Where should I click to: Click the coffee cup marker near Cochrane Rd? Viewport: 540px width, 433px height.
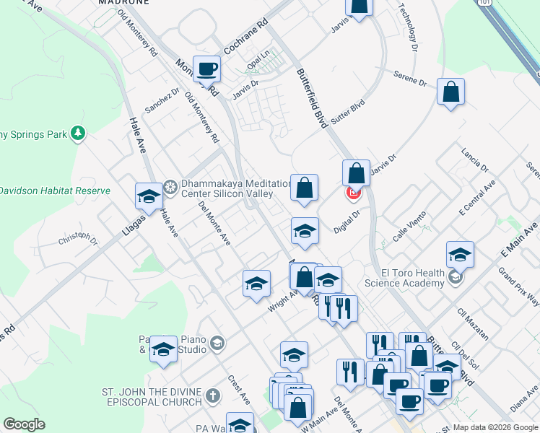(x=207, y=69)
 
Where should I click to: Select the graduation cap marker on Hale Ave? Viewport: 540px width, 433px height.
(x=149, y=196)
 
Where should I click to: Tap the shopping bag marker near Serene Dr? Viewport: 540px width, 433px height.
(x=450, y=92)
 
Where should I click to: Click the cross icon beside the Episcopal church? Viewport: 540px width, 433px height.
(x=212, y=396)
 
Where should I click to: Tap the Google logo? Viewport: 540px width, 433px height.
(x=24, y=424)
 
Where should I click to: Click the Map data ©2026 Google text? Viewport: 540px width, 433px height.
(x=495, y=427)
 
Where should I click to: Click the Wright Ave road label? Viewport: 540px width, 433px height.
(x=284, y=299)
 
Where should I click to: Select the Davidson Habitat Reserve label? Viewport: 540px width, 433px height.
(x=55, y=191)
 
